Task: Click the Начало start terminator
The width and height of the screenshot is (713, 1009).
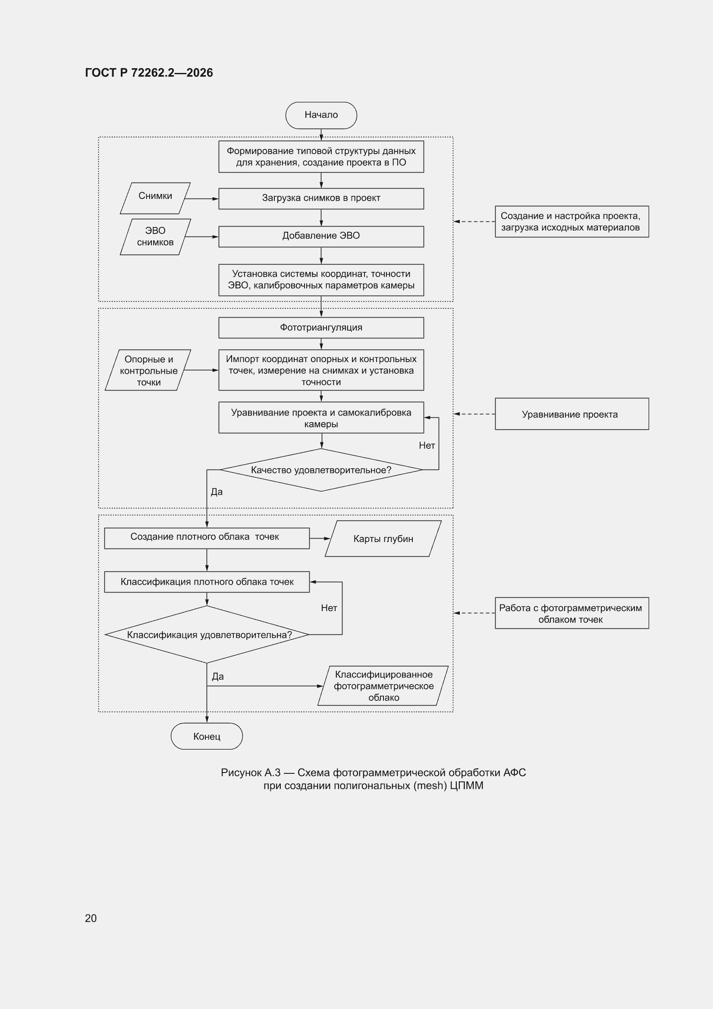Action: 321,115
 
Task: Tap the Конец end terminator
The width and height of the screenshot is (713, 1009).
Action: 207,736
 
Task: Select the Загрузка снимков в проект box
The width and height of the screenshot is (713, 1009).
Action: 321,199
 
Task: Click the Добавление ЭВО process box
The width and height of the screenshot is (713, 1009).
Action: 321,236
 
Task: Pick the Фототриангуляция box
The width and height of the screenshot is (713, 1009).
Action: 321,328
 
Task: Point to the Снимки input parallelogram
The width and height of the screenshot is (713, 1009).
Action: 155,198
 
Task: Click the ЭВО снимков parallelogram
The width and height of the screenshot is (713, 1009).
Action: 155,237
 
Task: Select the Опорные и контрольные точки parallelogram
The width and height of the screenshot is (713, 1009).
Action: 148,370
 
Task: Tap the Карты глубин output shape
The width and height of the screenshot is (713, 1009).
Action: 383,539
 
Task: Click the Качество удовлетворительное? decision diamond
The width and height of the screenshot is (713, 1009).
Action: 321,470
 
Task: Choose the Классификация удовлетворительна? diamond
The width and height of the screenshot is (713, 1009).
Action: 207,634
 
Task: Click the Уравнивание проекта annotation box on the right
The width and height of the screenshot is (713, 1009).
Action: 572,414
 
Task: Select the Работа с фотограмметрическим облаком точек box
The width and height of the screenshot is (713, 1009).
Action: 572,613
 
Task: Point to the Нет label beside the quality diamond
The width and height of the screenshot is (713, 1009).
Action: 427,446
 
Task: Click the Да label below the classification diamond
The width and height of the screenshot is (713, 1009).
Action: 218,676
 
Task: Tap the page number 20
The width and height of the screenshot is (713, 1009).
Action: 91,918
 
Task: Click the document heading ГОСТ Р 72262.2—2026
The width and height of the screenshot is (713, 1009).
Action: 149,73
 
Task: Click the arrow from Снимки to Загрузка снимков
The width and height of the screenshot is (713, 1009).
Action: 201,199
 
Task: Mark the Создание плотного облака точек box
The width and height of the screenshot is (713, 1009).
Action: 207,538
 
